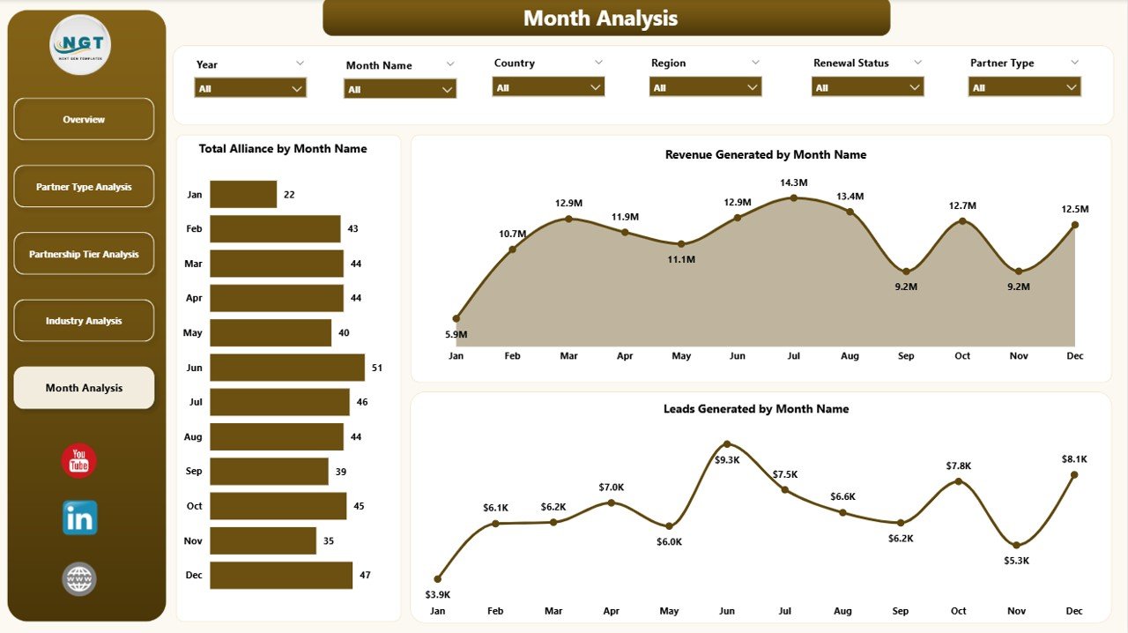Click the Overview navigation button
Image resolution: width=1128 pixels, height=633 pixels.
pyautogui.click(x=84, y=119)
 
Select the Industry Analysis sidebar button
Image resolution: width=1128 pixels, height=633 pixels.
pyautogui.click(x=84, y=321)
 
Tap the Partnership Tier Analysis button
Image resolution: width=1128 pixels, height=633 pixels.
pyautogui.click(x=84, y=254)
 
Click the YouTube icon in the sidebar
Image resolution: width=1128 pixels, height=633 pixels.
pyautogui.click(x=79, y=461)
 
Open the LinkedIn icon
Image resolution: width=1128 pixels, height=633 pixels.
pyautogui.click(x=79, y=518)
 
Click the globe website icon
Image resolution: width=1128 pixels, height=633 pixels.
pyautogui.click(x=79, y=579)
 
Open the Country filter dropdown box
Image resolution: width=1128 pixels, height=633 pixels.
pyautogui.click(x=548, y=87)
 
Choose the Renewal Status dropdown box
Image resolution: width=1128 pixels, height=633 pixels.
pyautogui.click(x=867, y=87)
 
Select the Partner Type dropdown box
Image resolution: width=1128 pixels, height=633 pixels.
pyautogui.click(x=1024, y=87)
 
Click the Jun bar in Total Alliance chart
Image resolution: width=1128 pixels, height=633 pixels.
pyautogui.click(x=287, y=368)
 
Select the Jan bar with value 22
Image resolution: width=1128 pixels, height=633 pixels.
pyautogui.click(x=243, y=194)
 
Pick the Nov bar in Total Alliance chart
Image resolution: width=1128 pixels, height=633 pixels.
pyautogui.click(x=263, y=540)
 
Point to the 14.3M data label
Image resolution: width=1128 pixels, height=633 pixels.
pyautogui.click(x=793, y=182)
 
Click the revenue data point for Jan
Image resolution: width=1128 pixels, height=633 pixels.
pyautogui.click(x=456, y=318)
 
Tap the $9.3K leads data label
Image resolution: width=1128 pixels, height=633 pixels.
pyautogui.click(x=726, y=460)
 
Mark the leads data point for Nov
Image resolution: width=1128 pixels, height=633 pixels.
pyautogui.click(x=1017, y=545)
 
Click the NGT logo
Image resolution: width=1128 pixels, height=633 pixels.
pyautogui.click(x=80, y=45)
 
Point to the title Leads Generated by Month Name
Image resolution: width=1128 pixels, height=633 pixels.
pyautogui.click(x=756, y=409)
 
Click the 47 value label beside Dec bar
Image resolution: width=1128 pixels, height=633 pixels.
pyautogui.click(x=365, y=576)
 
